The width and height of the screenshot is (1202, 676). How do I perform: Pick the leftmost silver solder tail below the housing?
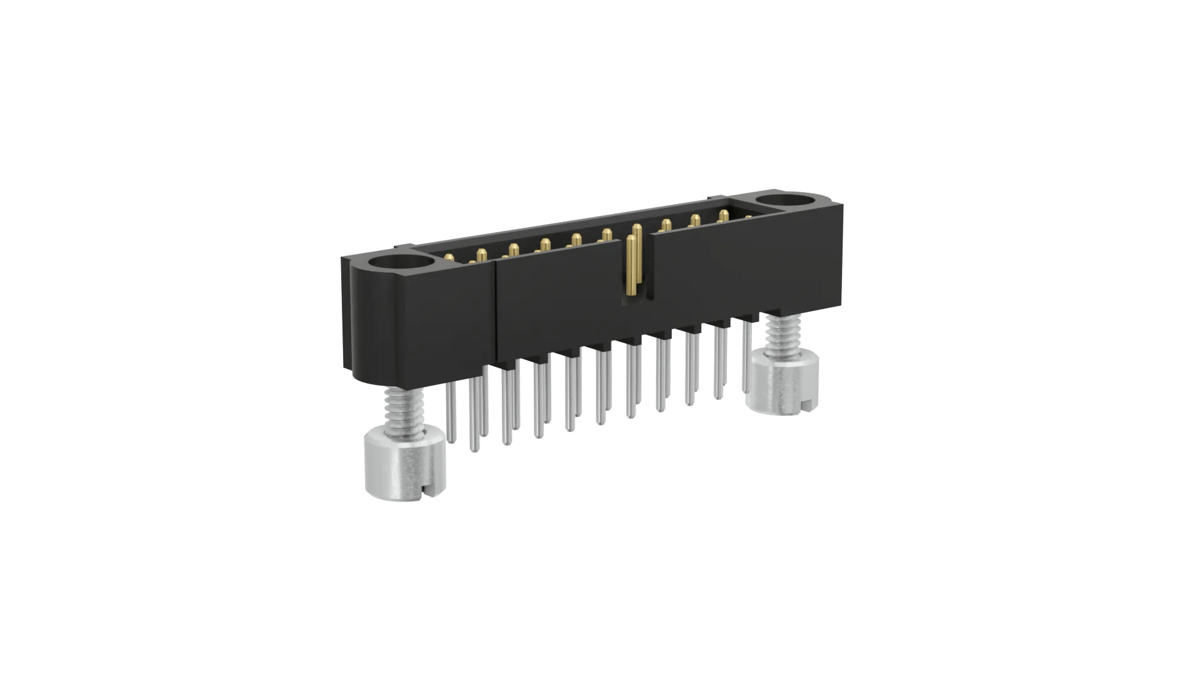point(449,407)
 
